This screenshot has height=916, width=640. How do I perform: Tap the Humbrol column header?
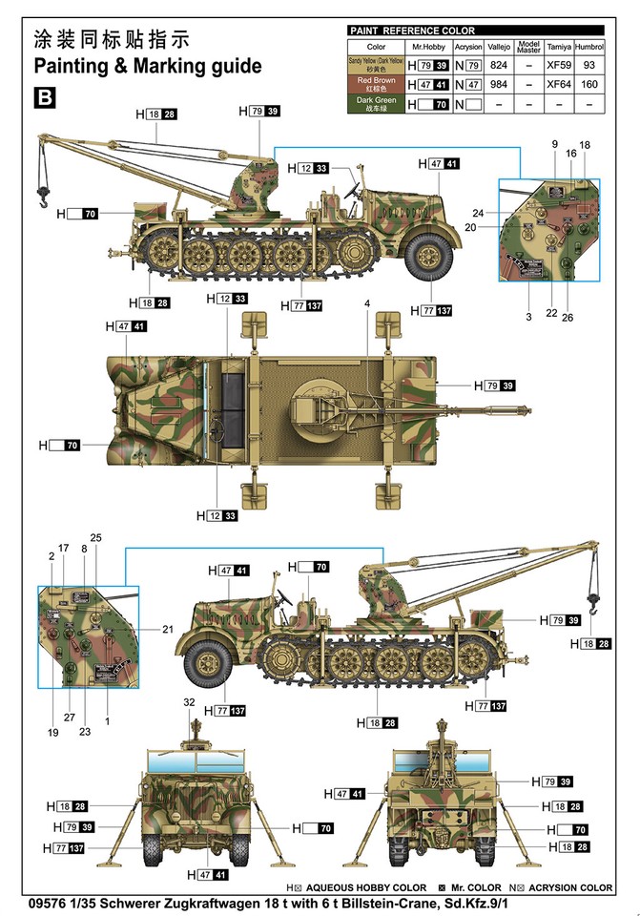coord(589,46)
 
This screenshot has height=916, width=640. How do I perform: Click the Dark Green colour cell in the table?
coord(376,103)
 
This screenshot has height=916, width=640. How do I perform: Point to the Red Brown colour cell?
coord(376,84)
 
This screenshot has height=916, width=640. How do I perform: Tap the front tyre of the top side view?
coord(429,254)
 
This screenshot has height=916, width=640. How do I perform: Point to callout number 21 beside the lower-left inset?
coord(168,630)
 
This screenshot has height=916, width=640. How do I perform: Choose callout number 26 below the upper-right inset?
coord(568,317)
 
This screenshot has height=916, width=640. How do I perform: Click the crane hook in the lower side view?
coord(594,601)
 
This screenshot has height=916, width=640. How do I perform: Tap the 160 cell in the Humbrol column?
coord(589,84)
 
